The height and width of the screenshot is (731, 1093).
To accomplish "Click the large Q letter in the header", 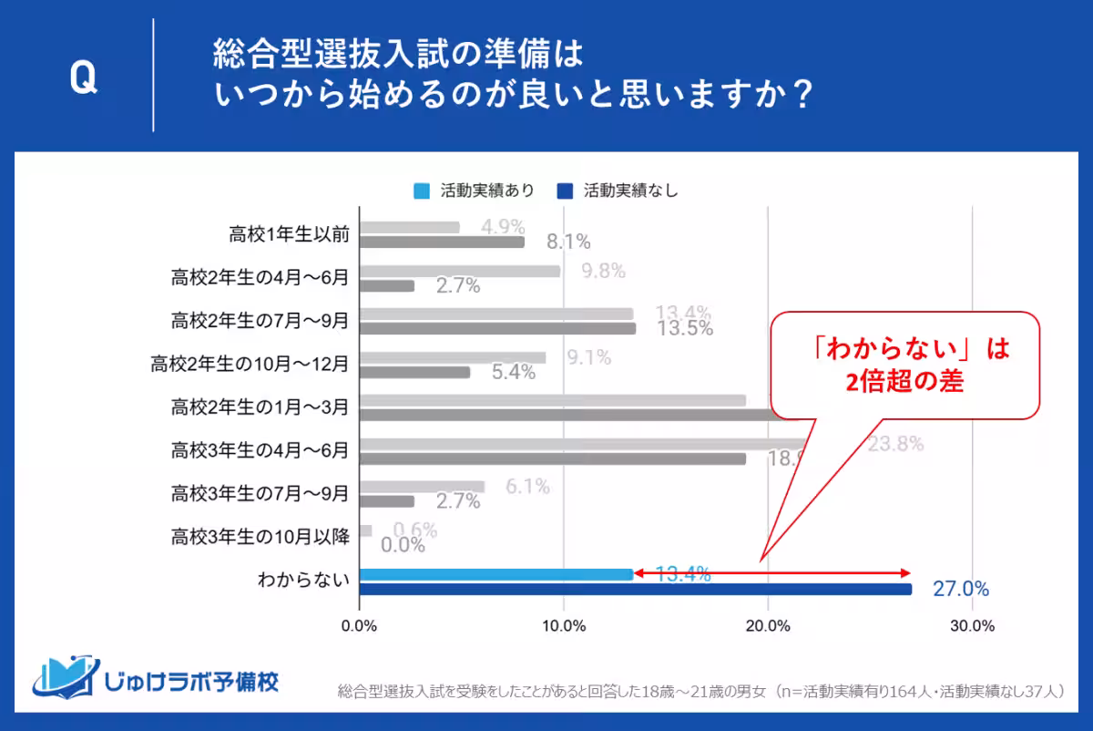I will tap(83, 80).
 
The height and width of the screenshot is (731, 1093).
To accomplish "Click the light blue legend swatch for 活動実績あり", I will tap(421, 190).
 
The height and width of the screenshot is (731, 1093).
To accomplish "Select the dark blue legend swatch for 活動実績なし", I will tap(565, 190).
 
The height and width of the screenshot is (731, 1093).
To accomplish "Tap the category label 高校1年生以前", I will tap(290, 234).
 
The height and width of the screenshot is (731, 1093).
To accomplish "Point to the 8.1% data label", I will tap(568, 242).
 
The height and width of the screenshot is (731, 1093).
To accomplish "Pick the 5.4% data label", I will tap(513, 373).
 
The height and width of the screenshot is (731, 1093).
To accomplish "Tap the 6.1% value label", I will tap(527, 487).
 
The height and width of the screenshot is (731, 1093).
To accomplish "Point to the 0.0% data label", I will tap(403, 545).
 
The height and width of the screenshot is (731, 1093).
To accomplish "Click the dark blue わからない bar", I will tap(635, 589).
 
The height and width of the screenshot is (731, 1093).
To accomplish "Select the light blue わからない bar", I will tap(495, 574).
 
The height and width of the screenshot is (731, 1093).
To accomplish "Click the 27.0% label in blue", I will tap(960, 589).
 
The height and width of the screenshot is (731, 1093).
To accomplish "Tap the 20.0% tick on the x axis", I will tap(768, 626).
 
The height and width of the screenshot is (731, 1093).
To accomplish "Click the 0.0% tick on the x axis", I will tap(359, 626).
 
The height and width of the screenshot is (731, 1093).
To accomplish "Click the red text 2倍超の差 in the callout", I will tap(904, 383).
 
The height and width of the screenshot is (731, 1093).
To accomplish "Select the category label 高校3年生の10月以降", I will tap(260, 538).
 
